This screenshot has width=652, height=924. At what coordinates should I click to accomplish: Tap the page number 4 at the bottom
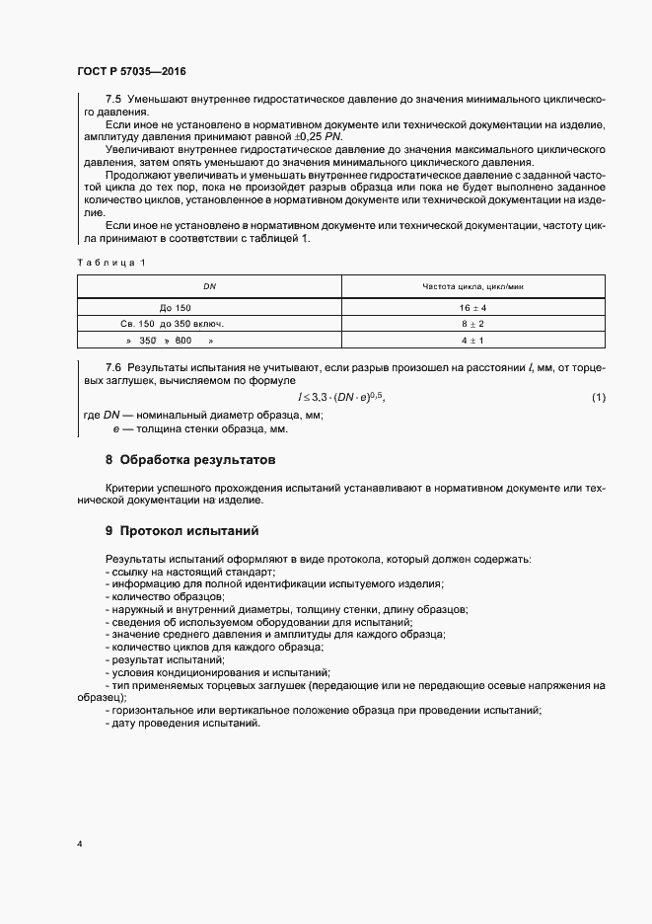pyautogui.click(x=80, y=844)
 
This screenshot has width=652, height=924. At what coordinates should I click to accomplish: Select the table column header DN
pyautogui.click(x=209, y=286)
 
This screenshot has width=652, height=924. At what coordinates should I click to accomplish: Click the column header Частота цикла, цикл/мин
pyautogui.click(x=473, y=286)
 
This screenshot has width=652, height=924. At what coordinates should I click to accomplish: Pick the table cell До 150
pyautogui.click(x=176, y=307)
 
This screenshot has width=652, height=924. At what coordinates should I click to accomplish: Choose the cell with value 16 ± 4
pyautogui.click(x=473, y=307)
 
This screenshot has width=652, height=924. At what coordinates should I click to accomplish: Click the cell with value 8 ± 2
pyautogui.click(x=473, y=323)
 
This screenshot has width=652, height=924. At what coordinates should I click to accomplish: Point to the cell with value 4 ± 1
pyautogui.click(x=473, y=340)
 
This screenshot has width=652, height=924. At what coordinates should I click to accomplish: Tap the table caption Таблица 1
pyautogui.click(x=110, y=262)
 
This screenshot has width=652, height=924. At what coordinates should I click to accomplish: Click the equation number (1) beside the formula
pyautogui.click(x=598, y=397)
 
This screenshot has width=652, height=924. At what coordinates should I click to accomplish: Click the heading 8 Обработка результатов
pyautogui.click(x=190, y=460)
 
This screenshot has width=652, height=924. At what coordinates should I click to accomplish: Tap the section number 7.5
pyautogui.click(x=113, y=101)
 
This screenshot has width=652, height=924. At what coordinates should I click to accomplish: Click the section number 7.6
pyautogui.click(x=113, y=368)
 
